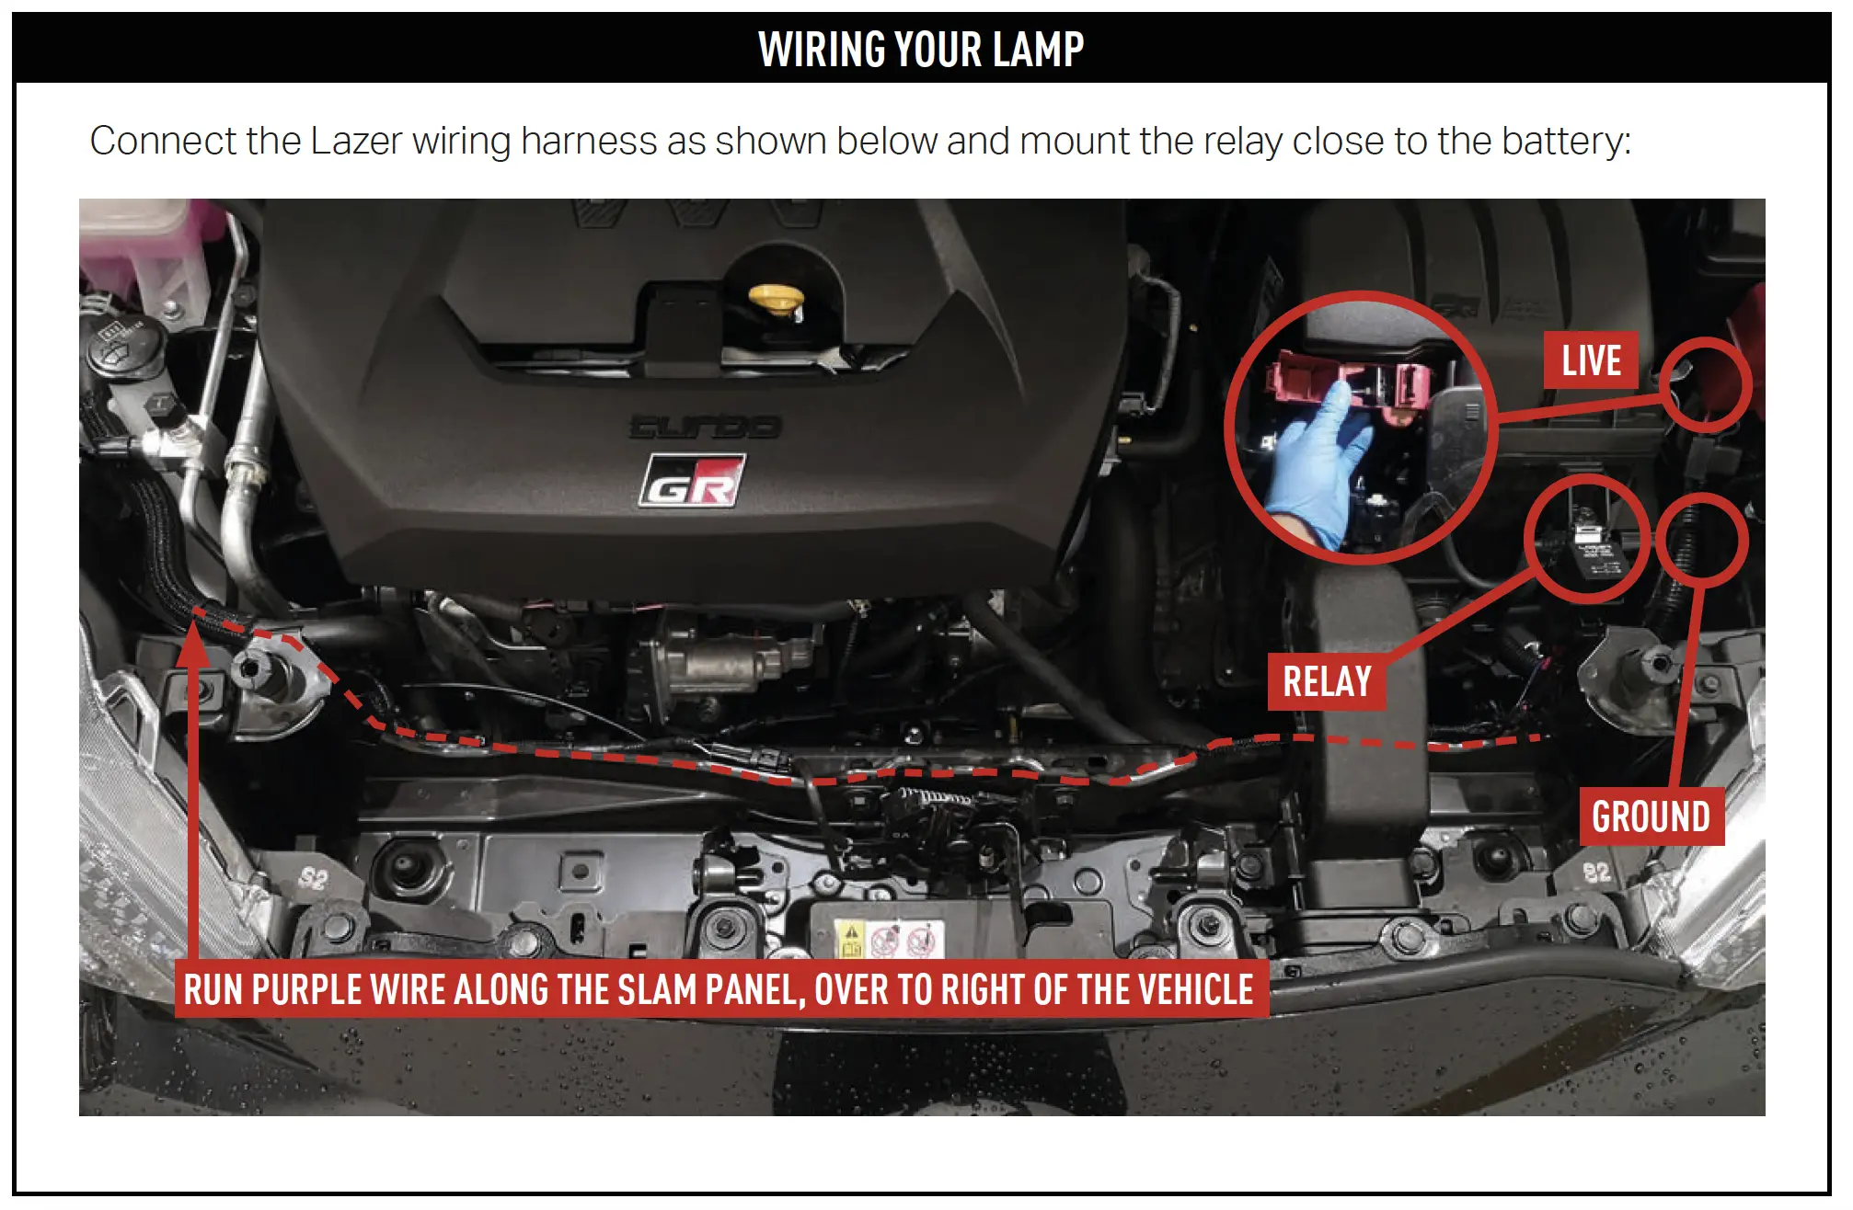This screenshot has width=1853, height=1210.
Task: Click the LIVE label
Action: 1591,360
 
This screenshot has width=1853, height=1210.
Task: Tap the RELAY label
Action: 1326,682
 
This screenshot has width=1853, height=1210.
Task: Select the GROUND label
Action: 1651,816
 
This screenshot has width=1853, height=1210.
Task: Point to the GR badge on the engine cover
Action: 692,482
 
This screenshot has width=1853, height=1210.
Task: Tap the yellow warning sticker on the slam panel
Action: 850,940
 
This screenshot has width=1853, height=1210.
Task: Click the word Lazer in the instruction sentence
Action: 356,142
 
